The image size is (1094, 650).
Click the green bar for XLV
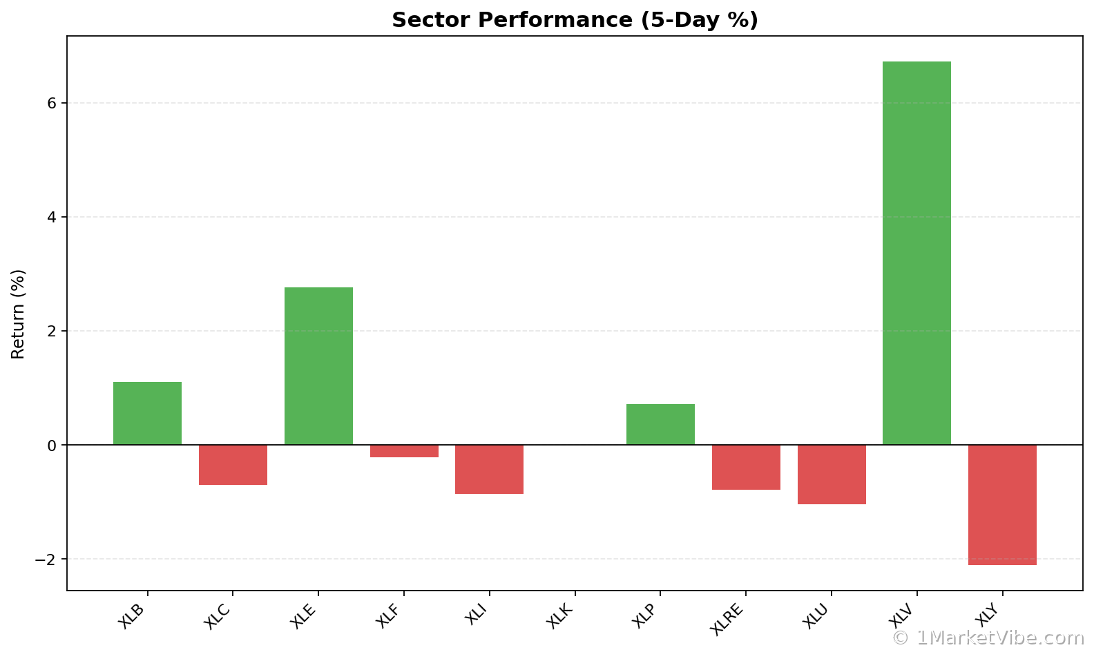click(917, 253)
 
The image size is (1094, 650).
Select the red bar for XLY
click(1002, 505)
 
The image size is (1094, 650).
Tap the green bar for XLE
click(318, 366)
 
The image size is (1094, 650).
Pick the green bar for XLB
click(147, 413)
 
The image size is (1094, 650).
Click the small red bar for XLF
click(404, 451)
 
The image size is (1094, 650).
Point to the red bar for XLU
click(832, 475)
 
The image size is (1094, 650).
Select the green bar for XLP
click(660, 424)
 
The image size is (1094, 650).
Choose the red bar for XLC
click(233, 465)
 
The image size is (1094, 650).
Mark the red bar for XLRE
click(746, 467)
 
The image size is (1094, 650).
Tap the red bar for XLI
click(489, 469)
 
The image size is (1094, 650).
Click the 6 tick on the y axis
click(52, 103)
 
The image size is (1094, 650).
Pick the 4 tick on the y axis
click(52, 217)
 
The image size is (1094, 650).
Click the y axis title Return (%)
click(18, 314)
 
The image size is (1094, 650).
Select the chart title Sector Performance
click(575, 20)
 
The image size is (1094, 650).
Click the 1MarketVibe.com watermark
click(988, 638)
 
